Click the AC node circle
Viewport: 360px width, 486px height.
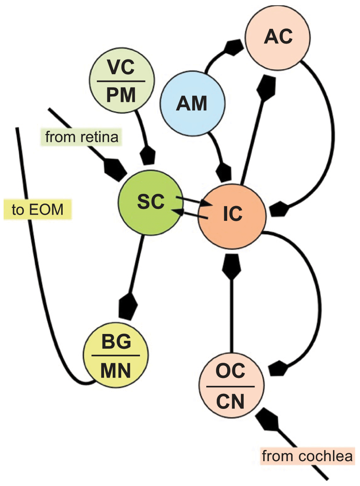click(x=278, y=37)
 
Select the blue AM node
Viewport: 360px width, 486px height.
click(x=192, y=103)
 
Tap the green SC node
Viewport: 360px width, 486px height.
click(x=151, y=202)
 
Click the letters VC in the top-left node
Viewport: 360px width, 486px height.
click(x=121, y=67)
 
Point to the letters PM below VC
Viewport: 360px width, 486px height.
click(x=121, y=95)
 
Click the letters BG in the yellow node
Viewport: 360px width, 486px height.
click(x=116, y=342)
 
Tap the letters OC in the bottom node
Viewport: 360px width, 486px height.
click(x=230, y=371)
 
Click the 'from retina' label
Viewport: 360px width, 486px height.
click(x=82, y=137)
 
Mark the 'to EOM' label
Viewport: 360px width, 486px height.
click(x=37, y=210)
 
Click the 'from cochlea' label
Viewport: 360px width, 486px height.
click(x=307, y=456)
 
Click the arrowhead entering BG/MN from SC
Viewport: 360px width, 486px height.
click(x=128, y=306)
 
